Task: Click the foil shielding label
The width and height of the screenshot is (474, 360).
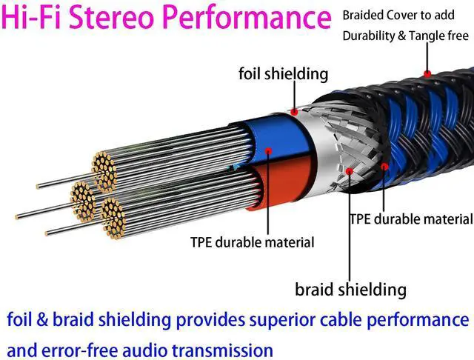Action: tap(283, 73)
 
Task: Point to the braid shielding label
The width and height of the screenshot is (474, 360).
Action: tap(350, 288)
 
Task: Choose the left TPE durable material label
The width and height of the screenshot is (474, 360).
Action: tap(252, 242)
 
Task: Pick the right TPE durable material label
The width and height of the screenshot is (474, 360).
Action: tap(411, 219)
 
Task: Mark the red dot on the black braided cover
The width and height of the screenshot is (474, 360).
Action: tap(427, 73)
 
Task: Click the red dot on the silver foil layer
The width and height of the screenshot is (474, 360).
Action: tap(295, 112)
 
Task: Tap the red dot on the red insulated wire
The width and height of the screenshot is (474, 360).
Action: tap(269, 152)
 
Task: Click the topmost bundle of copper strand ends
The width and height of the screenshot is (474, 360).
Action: tap(104, 168)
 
